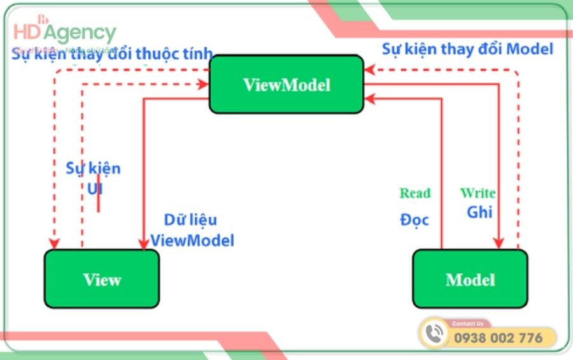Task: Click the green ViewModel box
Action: (286, 85)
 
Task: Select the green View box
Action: (102, 279)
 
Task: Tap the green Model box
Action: (470, 279)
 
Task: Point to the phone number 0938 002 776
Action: (498, 338)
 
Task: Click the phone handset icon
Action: (435, 333)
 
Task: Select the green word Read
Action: (415, 193)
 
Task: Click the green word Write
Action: (478, 192)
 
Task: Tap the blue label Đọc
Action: (414, 220)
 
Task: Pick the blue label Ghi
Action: (479, 212)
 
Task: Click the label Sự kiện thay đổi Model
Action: (467, 48)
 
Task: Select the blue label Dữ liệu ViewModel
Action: (192, 230)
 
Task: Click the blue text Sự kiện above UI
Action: (93, 169)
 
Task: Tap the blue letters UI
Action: (94, 189)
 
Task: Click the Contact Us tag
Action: (467, 324)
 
